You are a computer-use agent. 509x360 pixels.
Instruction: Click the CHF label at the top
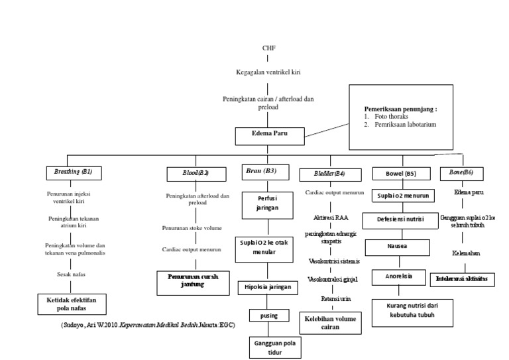(x=268, y=48)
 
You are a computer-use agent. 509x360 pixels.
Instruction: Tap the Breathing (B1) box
(x=74, y=172)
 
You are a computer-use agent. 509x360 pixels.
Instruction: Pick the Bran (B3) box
(x=261, y=171)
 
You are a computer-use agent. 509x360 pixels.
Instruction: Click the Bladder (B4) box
(x=330, y=173)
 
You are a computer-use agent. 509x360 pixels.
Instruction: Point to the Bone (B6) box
(x=461, y=172)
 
